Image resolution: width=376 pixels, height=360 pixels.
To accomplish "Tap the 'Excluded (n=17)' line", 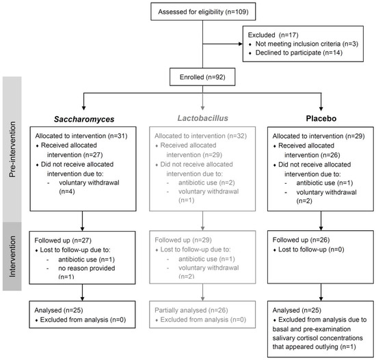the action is pos(273,35).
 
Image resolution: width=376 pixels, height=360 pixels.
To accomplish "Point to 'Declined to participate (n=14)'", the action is pos(299,53).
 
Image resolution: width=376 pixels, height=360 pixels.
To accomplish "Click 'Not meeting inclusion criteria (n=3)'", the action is pos(307,44).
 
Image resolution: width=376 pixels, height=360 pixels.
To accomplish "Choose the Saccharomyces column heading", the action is pos(84,119).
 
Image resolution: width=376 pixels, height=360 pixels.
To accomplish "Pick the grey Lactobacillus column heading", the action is pos(202,118).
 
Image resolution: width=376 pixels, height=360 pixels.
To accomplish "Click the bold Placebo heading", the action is pos(321,118).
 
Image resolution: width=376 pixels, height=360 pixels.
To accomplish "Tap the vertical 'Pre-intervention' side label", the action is pos(12,150).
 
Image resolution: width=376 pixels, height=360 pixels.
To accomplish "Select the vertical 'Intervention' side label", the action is pos(12,257).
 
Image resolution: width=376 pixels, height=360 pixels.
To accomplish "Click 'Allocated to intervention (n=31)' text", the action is pos(81,136).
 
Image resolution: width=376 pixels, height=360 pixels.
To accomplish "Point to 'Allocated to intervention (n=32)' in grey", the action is pos(200,136).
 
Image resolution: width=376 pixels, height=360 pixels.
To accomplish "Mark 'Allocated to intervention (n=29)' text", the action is pos(319,136).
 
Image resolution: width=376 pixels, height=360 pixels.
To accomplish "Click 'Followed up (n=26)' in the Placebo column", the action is pos(301,240).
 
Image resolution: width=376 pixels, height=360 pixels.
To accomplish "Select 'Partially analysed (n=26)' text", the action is pos(191,310).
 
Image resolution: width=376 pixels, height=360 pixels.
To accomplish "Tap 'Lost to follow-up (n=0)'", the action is pos(311,249).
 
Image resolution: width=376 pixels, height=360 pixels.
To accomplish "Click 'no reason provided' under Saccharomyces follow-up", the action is pos(87,268).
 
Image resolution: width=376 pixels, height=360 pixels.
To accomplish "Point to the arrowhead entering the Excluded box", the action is pos(240,44).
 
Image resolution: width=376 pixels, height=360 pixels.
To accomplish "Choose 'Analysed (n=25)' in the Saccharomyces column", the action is pos(59,310).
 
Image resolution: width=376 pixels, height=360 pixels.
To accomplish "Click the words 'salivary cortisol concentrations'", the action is pos(317,338).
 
